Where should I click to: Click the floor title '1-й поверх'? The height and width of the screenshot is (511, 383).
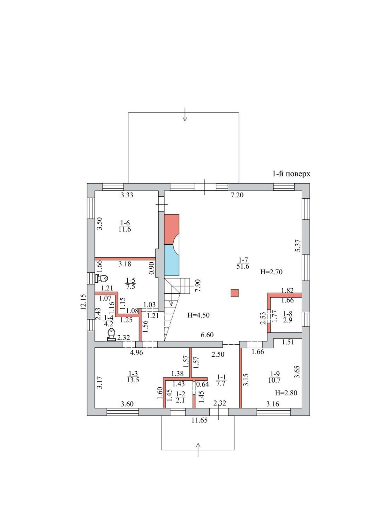pos(291,174)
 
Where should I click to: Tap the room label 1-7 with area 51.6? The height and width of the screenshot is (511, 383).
pos(243,263)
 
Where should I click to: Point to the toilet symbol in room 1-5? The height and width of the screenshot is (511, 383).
pos(101,278)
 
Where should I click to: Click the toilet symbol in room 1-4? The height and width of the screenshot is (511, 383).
pos(112,334)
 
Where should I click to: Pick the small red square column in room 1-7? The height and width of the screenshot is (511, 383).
pos(235,293)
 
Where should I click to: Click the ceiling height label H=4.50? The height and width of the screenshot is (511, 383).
pos(198,315)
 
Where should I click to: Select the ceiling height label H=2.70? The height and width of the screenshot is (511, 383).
pos(271,272)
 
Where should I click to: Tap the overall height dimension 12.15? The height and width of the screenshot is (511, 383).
pos(83,302)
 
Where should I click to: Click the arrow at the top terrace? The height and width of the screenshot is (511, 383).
pos(185,114)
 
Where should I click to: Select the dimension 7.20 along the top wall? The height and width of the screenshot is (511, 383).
pos(237,195)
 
